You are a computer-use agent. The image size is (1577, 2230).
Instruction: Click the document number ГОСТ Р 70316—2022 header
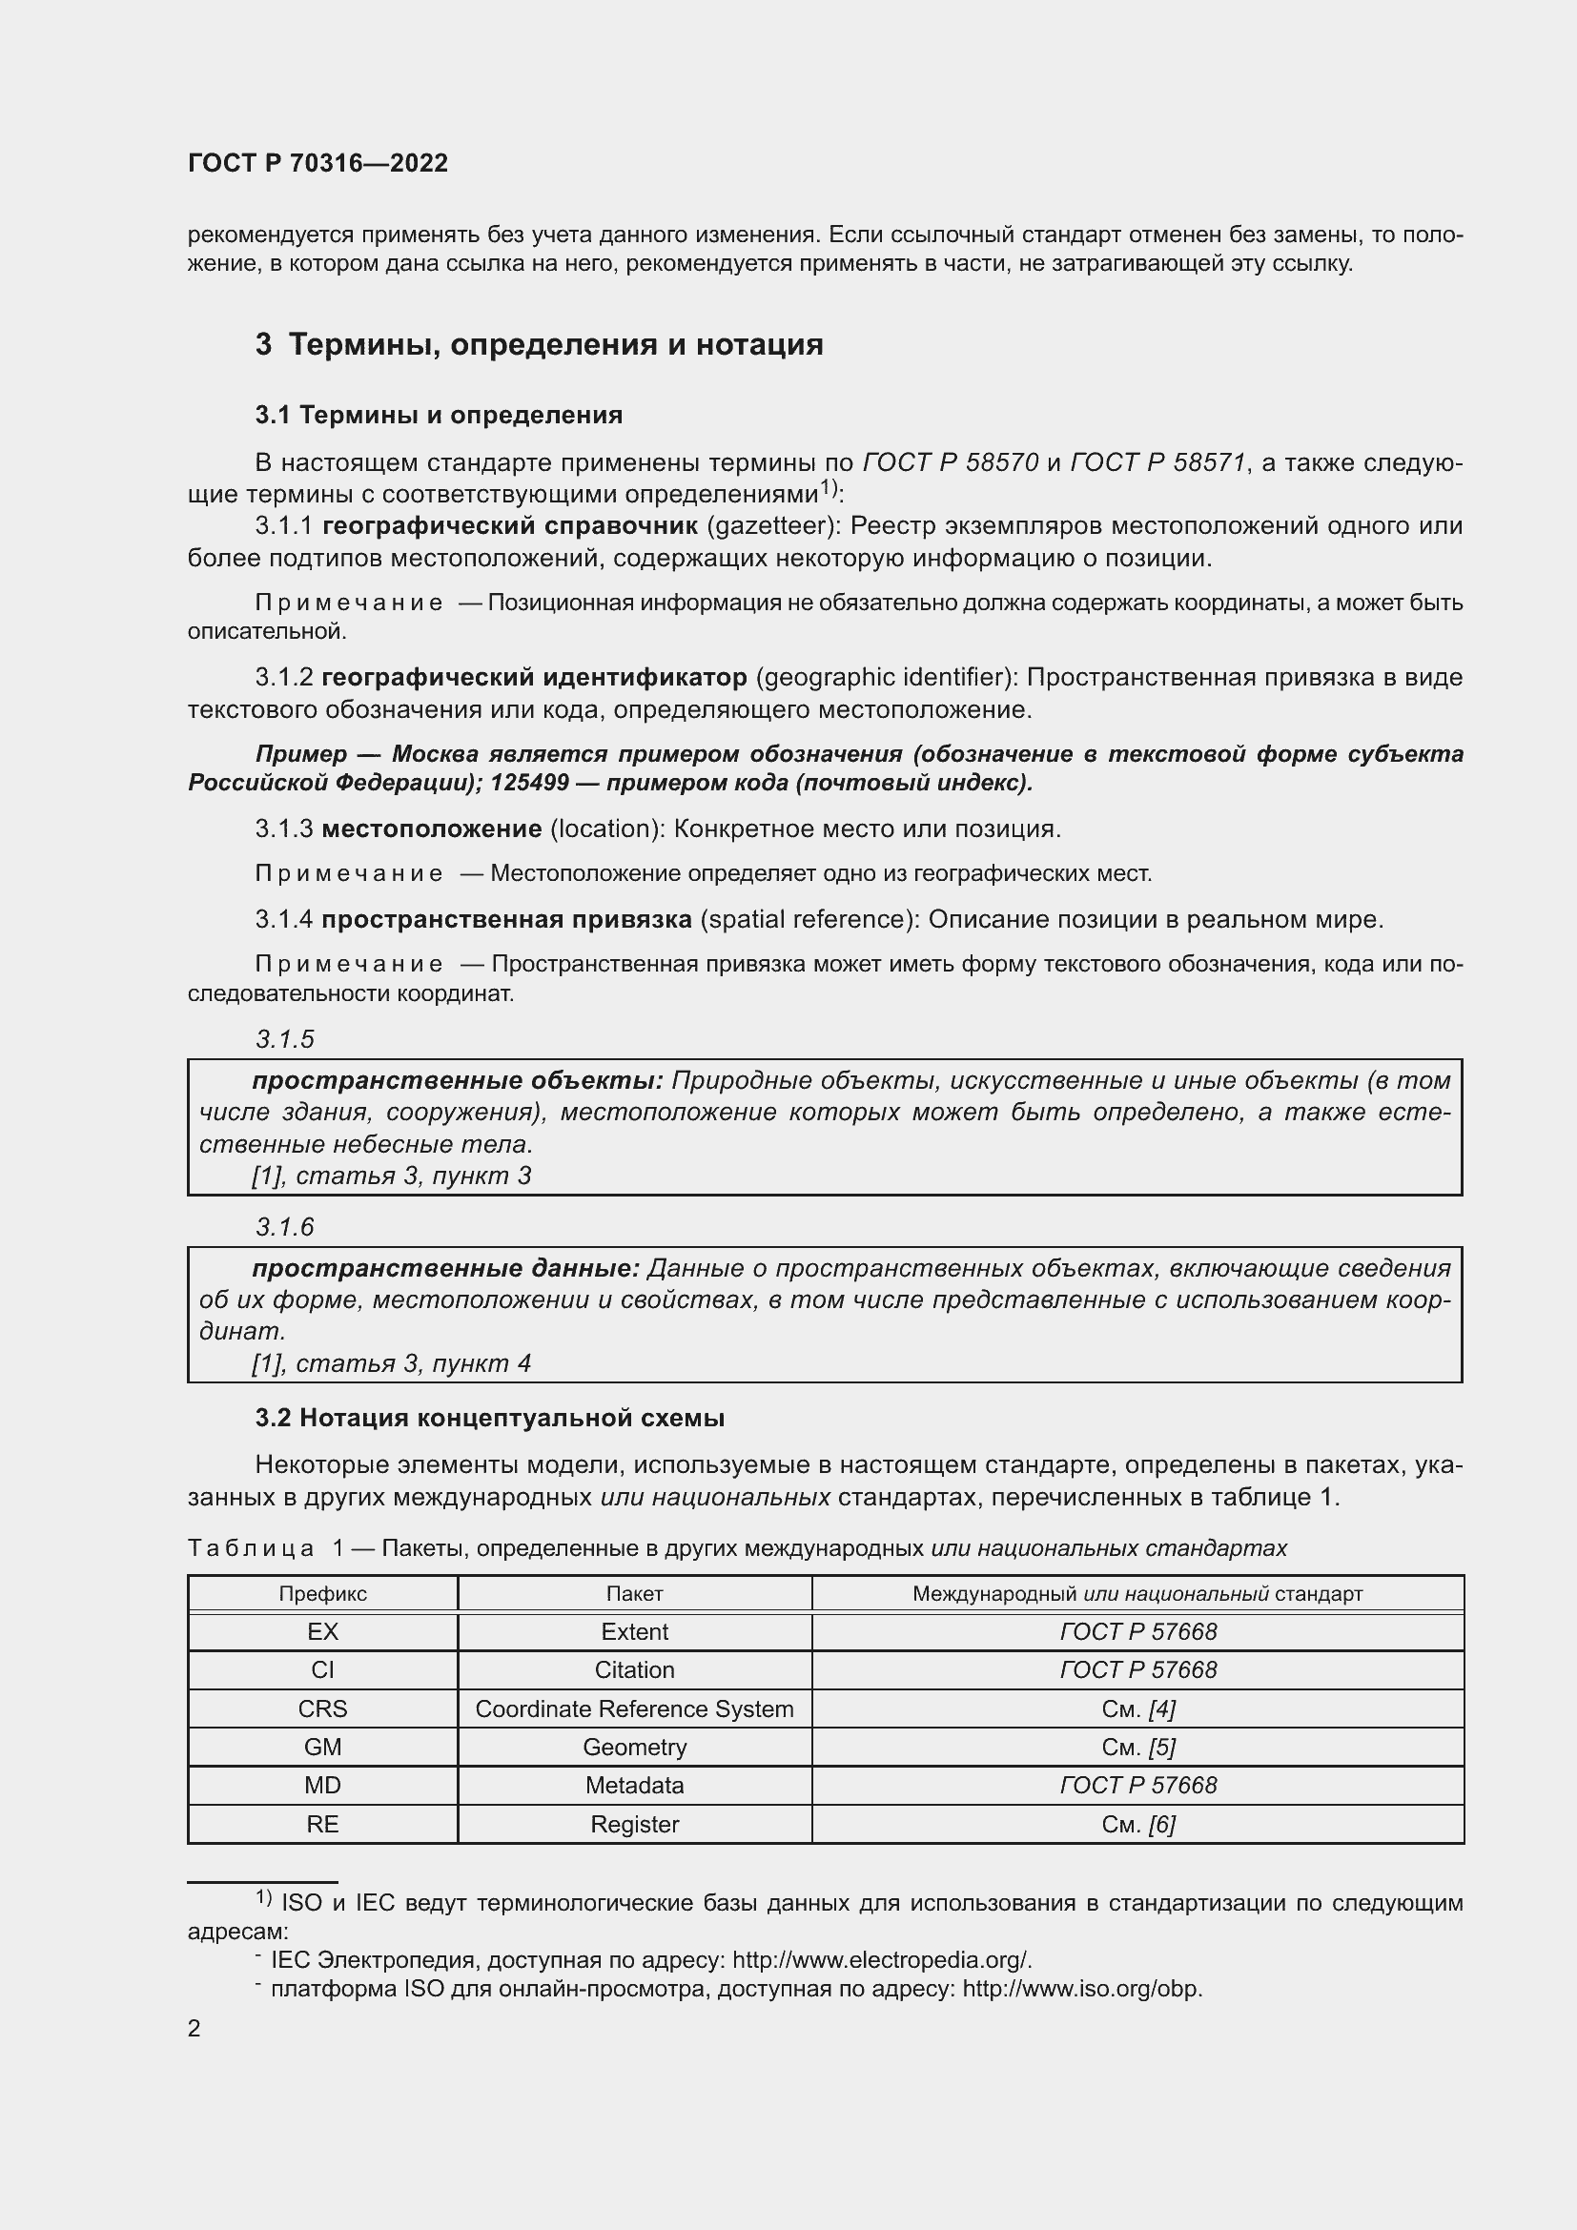tap(317, 163)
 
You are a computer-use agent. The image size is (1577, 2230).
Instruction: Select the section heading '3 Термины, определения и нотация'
tap(539, 345)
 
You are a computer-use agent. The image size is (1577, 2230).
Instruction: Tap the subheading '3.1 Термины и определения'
tap(439, 415)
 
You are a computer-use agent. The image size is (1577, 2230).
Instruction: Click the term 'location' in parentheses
tap(607, 829)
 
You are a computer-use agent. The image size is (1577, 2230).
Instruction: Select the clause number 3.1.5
tap(285, 1039)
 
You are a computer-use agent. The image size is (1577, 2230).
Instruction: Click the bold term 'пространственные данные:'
tap(445, 1268)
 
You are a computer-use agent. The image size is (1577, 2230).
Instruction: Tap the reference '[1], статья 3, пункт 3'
tap(391, 1176)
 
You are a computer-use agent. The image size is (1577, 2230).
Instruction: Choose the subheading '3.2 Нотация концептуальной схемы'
tap(489, 1418)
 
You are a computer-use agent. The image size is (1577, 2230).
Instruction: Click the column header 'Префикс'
tap(322, 1594)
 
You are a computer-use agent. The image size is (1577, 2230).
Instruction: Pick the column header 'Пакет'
tap(634, 1594)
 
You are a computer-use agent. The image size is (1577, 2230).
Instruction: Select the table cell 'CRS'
tap(322, 1708)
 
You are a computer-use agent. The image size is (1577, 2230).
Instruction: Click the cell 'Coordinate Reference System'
tap(634, 1708)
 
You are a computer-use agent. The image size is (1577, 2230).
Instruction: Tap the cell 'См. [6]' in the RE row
tap(1137, 1824)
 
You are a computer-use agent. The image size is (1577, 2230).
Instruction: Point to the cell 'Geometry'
tap(634, 1748)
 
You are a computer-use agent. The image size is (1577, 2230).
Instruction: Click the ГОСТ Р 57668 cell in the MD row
tap(1137, 1785)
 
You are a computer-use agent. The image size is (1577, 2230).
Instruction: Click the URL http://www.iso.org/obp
tap(1082, 1989)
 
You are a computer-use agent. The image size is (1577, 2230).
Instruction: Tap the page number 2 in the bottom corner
tap(195, 2029)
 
